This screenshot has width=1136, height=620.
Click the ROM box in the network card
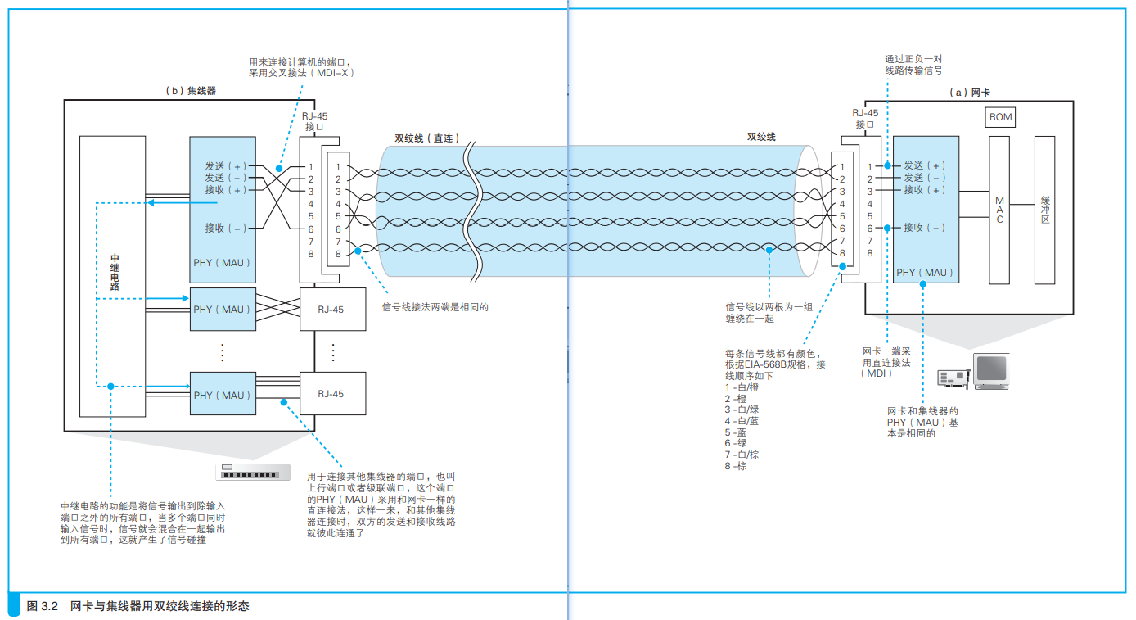point(1000,117)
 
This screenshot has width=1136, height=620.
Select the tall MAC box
point(999,210)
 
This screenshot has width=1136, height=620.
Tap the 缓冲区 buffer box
point(1044,210)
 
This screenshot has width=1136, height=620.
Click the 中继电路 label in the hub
point(115,272)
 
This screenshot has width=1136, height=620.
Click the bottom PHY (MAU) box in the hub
point(223,394)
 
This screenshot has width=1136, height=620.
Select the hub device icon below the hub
point(253,472)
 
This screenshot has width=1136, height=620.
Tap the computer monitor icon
point(991,371)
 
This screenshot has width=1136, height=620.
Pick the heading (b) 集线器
point(191,91)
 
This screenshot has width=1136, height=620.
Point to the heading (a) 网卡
point(969,93)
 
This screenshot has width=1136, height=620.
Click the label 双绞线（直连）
point(426,138)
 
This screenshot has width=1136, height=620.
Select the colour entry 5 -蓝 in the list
point(735,432)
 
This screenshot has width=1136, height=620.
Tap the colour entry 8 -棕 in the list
point(735,466)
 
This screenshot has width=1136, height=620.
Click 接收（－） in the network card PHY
point(925,228)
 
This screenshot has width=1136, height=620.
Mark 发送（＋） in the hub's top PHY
point(226,166)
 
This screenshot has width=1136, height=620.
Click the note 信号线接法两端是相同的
point(435,307)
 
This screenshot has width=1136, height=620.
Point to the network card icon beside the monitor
point(953,378)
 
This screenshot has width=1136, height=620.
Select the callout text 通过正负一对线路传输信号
point(914,65)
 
